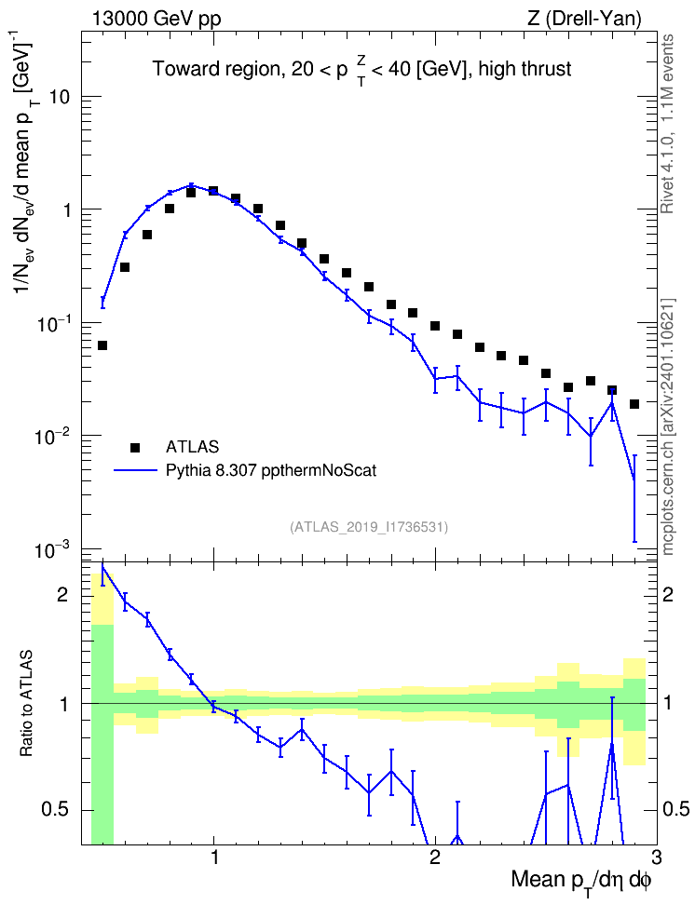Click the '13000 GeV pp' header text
coord(156,19)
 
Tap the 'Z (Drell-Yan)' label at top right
coord(584,19)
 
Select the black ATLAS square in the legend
coord(135,447)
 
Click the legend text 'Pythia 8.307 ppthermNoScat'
coord(271,471)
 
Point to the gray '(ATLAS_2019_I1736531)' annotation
coord(369,527)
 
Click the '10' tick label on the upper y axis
coord(59,97)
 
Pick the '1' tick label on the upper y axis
coord(66,210)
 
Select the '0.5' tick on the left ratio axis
coord(56,810)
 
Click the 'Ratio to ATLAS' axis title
coord(26,704)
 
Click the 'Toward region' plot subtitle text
coord(217,69)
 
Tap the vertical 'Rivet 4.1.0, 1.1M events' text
coord(667,124)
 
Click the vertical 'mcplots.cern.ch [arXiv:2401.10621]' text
coord(667,426)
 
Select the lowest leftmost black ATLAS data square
coord(102,345)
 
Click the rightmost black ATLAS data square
coord(634,404)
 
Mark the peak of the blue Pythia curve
coord(191,185)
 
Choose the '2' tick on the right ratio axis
coord(668,594)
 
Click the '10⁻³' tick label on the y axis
coord(52,550)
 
